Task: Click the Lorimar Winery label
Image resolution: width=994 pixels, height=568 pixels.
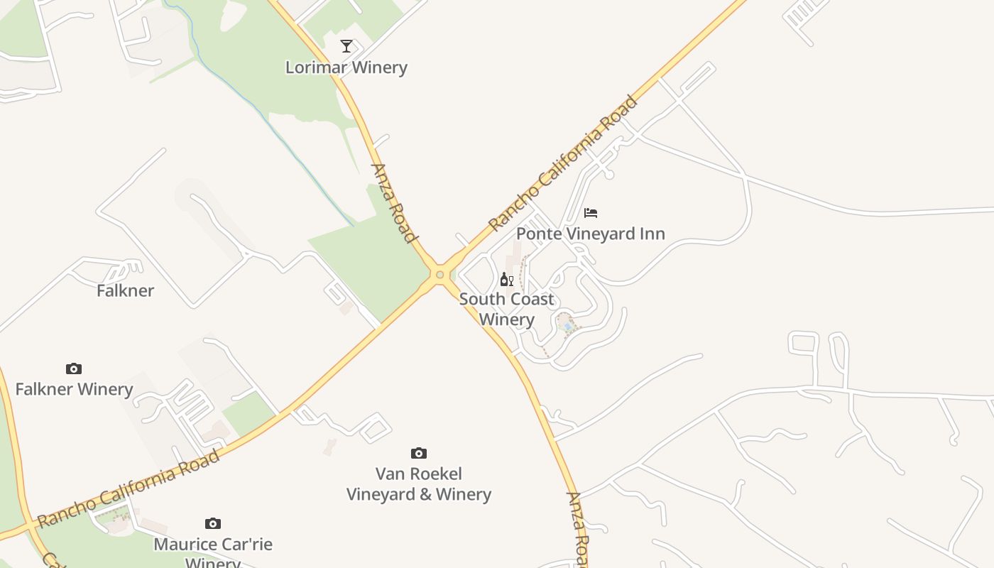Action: click(346, 67)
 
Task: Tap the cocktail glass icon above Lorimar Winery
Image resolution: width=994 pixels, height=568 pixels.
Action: click(346, 46)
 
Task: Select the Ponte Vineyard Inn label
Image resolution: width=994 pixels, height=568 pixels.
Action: click(591, 234)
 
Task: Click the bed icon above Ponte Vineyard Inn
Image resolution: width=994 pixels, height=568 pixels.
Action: click(591, 212)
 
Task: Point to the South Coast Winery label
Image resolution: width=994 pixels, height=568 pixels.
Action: click(506, 309)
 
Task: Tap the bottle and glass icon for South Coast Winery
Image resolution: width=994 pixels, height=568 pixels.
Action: click(507, 279)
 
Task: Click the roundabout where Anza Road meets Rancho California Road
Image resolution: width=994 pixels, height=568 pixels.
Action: click(440, 274)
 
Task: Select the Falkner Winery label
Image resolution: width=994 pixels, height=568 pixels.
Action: click(74, 389)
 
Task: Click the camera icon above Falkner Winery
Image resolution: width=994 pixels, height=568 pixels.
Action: click(74, 368)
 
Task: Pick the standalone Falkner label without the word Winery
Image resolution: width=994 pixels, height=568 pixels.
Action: click(125, 290)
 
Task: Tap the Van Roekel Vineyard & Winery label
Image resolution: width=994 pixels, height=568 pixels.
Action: click(419, 484)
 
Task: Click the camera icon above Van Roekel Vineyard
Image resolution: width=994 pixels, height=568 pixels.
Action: click(419, 453)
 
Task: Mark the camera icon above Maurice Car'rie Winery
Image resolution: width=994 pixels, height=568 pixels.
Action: click(213, 523)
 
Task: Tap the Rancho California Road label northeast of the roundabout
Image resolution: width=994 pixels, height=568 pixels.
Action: click(564, 163)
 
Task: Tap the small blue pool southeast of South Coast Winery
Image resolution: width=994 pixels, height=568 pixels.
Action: click(567, 325)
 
